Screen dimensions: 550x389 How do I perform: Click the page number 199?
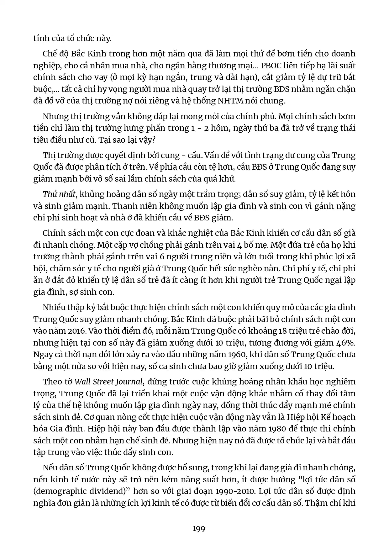[199, 529]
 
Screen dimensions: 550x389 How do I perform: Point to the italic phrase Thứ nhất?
[59, 194]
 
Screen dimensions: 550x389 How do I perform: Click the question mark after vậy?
[153, 140]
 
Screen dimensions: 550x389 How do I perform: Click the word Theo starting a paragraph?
[52, 382]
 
